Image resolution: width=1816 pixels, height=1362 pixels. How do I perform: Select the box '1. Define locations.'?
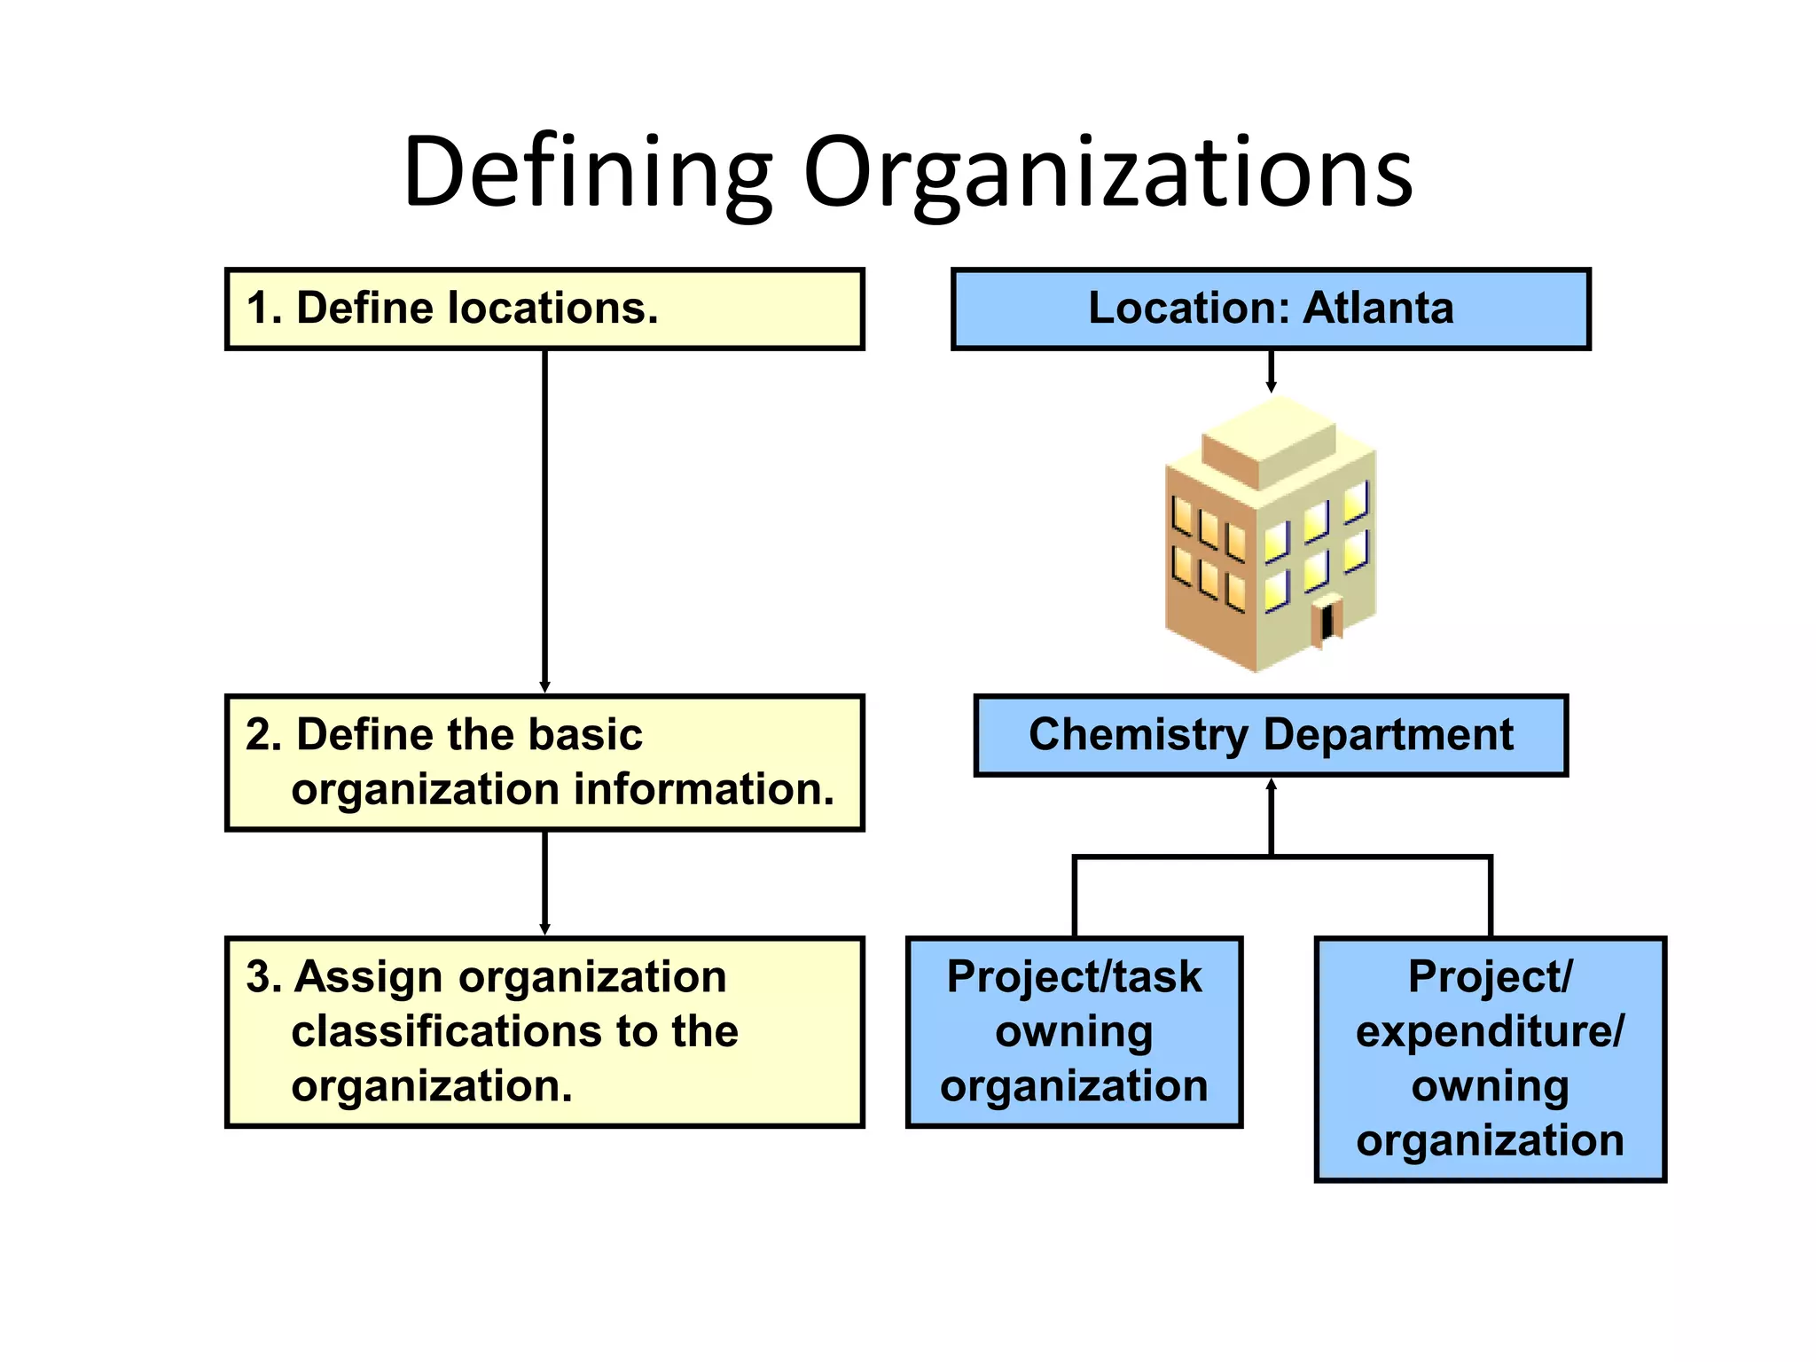(x=544, y=309)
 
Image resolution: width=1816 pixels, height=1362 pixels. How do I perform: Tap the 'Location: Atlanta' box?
(x=1271, y=309)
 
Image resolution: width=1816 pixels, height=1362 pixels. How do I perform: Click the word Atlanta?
(x=1378, y=309)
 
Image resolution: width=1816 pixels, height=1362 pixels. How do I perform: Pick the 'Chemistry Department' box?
(x=1271, y=735)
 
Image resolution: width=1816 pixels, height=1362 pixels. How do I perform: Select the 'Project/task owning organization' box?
(x=1074, y=1031)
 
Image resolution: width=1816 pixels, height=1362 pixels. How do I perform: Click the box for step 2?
(x=544, y=763)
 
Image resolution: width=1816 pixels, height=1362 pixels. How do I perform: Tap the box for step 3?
(x=544, y=1031)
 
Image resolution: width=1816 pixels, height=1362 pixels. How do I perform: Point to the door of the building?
(x=1327, y=622)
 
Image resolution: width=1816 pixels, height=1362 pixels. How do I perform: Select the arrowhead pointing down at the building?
(x=1271, y=387)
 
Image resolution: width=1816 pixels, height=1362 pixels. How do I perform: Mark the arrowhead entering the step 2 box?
(x=544, y=687)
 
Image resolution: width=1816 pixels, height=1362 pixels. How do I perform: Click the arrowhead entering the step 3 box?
(x=544, y=929)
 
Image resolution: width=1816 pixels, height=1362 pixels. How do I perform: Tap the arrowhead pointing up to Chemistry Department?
(x=1271, y=785)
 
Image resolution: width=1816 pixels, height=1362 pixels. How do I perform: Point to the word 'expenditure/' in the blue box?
(x=1490, y=1031)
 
